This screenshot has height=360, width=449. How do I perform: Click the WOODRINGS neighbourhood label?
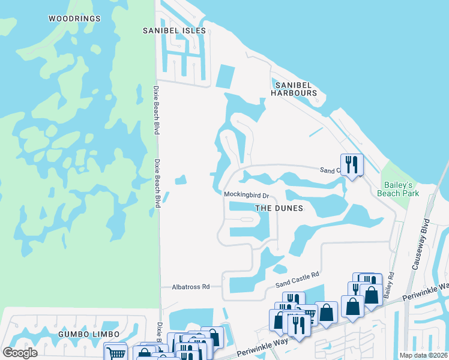point(74,19)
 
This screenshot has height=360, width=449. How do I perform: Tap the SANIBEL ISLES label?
point(174,31)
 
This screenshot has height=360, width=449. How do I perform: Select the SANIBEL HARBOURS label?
point(294,89)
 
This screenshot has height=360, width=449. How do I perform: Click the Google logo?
point(20,353)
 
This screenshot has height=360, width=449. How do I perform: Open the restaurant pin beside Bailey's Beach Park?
point(352,165)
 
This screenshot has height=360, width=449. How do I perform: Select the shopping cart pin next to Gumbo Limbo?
point(115,352)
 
